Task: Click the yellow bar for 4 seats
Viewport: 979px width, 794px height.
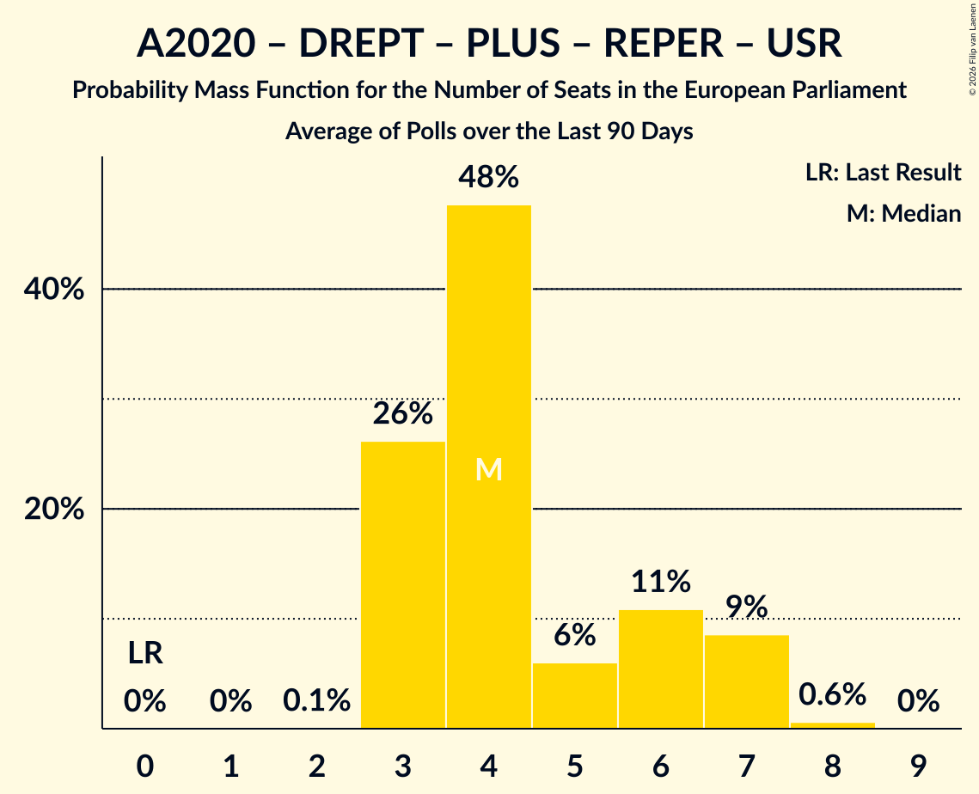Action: pos(489,467)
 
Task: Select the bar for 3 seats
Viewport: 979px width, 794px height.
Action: pos(403,585)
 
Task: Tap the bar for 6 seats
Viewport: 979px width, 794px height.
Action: pos(661,669)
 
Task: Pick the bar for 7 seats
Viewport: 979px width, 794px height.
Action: pos(747,681)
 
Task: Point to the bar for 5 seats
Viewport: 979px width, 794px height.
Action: pos(575,696)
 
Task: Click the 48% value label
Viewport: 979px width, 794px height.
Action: pos(489,177)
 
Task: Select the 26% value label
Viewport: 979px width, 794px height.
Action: pos(403,413)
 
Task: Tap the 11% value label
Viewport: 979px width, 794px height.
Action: pos(661,581)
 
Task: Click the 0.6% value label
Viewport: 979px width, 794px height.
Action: pos(832,694)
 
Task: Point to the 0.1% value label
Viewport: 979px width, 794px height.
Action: pos(316,700)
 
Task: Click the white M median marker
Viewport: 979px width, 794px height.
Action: pos(489,469)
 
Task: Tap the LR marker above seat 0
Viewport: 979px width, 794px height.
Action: pos(145,654)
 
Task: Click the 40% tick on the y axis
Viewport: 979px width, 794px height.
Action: pos(53,289)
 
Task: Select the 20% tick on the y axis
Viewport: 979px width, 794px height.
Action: pos(53,509)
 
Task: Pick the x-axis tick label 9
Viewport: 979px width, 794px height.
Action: pos(919,766)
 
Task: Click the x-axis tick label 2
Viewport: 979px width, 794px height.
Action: pos(316,766)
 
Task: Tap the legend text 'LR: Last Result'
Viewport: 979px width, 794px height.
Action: pos(883,172)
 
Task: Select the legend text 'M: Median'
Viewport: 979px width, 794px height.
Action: pos(903,213)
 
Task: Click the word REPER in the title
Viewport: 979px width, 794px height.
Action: pos(663,43)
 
